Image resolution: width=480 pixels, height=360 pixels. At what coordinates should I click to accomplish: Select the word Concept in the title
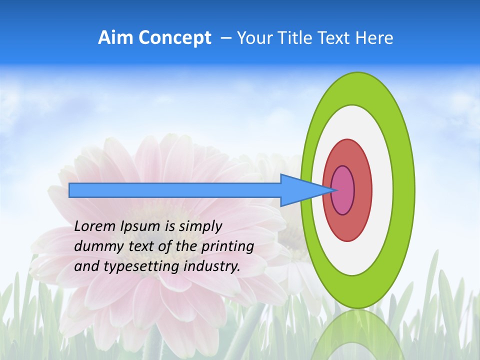click(x=174, y=38)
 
